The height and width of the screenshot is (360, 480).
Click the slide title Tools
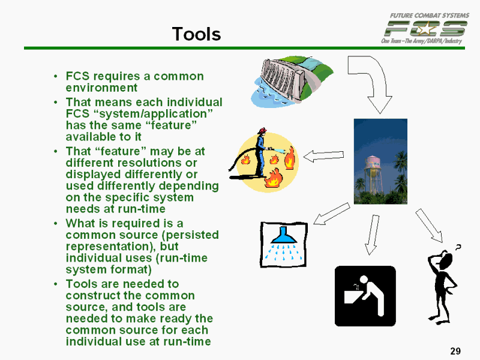[196, 34]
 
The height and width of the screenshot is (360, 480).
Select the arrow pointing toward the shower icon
[331, 214]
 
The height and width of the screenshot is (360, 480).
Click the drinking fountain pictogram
[365, 296]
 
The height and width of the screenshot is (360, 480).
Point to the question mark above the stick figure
[459, 247]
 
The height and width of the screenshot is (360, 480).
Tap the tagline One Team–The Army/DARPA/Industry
[421, 40]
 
